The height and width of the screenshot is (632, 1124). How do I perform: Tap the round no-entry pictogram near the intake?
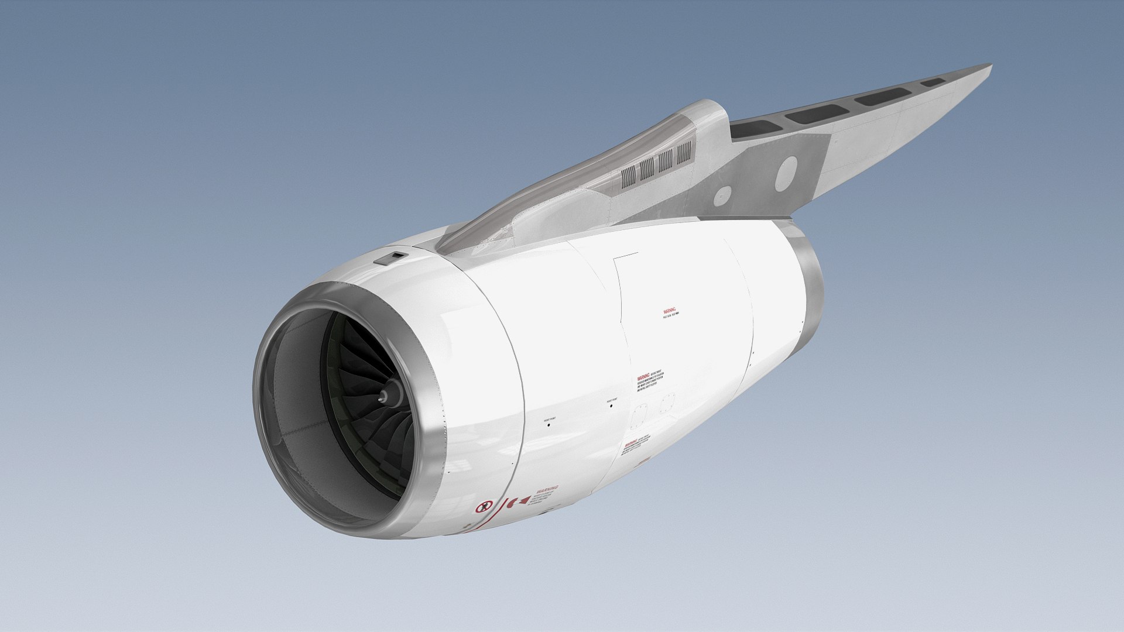484,507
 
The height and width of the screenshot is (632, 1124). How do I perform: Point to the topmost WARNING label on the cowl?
670,311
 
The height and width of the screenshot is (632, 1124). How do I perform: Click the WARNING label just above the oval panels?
644,377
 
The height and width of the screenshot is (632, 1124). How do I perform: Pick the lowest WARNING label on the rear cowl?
630,445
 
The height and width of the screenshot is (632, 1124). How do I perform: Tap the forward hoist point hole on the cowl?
549,425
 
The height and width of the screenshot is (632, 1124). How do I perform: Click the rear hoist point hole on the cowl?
611,406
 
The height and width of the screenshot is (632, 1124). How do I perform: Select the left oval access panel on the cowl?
639,414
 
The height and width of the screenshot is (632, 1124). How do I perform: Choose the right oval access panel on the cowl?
667,404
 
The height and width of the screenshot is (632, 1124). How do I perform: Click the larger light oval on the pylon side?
786,173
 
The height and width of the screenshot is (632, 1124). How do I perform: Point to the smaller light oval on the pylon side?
722,196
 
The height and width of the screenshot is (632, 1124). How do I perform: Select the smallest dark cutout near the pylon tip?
933,83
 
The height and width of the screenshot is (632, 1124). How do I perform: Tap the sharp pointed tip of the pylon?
990,66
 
